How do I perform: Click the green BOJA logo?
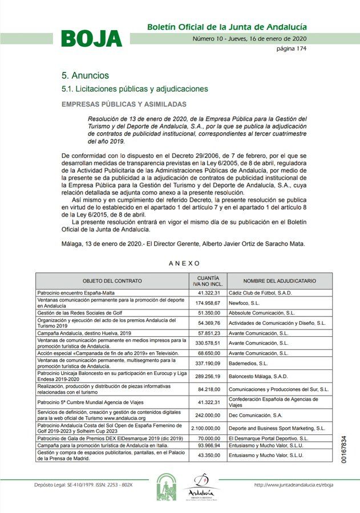(x=91, y=38)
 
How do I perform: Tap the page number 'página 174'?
(x=292, y=49)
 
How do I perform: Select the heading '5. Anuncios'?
(x=85, y=76)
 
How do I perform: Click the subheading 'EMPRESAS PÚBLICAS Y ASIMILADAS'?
(x=124, y=105)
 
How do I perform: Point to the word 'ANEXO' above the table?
(x=184, y=263)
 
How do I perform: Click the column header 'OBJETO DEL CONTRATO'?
(x=112, y=281)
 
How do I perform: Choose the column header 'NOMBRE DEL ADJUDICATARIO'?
(x=280, y=281)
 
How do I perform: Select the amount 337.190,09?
(x=208, y=363)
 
